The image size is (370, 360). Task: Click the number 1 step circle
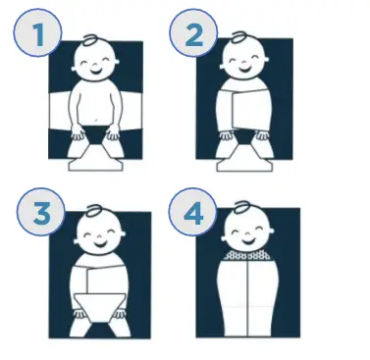(x=38, y=36)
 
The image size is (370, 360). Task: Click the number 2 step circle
(x=192, y=36)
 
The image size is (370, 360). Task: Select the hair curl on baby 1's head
(x=89, y=40)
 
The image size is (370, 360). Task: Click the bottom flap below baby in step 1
(x=95, y=158)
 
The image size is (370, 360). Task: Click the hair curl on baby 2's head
(x=236, y=40)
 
